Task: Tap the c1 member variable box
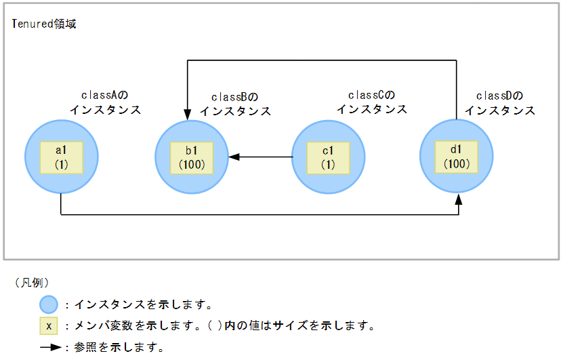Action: [x=328, y=157]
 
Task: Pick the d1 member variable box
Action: [x=457, y=157]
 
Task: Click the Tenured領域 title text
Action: [x=45, y=24]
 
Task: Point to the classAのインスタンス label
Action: [x=105, y=102]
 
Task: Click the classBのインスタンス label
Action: [x=235, y=104]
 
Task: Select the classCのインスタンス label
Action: [x=372, y=102]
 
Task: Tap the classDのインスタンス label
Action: [x=499, y=102]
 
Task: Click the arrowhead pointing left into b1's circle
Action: [x=234, y=157]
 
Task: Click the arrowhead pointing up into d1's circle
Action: [x=459, y=199]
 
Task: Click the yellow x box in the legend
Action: [x=48, y=325]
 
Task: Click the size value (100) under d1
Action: [x=457, y=163]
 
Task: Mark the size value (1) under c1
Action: [x=328, y=164]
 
